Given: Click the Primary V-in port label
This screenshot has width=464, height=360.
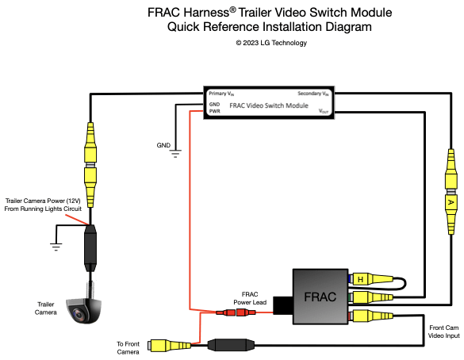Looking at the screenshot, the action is pos(221,94).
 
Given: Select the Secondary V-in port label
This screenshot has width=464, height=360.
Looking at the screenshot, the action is pos(313,94).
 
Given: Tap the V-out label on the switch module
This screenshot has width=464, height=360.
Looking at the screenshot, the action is pos(324,111).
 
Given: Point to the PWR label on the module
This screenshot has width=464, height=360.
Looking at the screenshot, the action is pos(214,111).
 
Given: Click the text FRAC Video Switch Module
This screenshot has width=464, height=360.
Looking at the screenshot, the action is pos(269,105).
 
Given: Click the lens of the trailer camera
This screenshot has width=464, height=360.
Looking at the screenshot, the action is pos(79,314).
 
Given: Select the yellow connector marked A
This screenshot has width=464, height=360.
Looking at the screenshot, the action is pos(451,202).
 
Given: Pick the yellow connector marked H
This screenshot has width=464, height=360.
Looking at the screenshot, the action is pos(360,279).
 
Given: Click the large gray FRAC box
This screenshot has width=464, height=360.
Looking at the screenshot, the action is pos(320,297).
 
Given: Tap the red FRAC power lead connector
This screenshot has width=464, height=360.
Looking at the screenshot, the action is pos(236,312).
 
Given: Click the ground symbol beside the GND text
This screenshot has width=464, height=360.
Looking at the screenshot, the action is pos(175,154).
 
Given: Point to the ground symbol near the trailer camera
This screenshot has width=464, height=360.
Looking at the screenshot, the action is pos(56,247).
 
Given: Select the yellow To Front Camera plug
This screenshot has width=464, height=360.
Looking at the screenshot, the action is pos(171,345).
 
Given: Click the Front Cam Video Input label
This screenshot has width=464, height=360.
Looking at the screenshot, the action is pos(444,331).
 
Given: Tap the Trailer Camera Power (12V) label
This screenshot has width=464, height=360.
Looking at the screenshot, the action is pos(43,201).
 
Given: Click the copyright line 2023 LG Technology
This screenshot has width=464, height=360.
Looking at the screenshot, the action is pos(271,43).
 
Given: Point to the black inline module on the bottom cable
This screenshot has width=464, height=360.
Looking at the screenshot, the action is pos(231,345).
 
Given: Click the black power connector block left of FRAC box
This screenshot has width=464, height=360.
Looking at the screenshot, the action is pos(283,305).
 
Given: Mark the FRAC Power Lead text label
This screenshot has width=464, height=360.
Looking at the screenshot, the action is pos(250,298).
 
